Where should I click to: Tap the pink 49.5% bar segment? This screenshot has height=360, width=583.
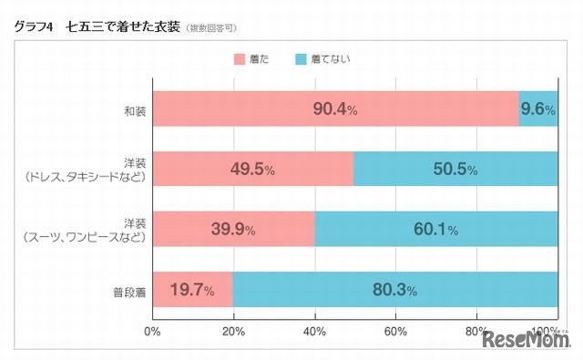tap(252, 170)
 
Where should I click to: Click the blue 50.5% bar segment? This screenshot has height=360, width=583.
tap(455, 170)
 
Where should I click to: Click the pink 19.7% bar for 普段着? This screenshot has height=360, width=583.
tap(192, 290)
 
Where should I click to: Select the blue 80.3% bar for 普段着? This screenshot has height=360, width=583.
tap(395, 290)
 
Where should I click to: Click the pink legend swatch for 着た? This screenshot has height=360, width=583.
tap(240, 59)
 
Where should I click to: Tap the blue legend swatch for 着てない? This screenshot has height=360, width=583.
tap(302, 59)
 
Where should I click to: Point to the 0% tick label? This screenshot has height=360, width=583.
tap(152, 330)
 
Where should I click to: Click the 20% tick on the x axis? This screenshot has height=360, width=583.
tap(233, 330)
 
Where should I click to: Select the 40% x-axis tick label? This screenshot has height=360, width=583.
tap(314, 330)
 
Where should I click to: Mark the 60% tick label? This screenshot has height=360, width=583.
tap(396, 330)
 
